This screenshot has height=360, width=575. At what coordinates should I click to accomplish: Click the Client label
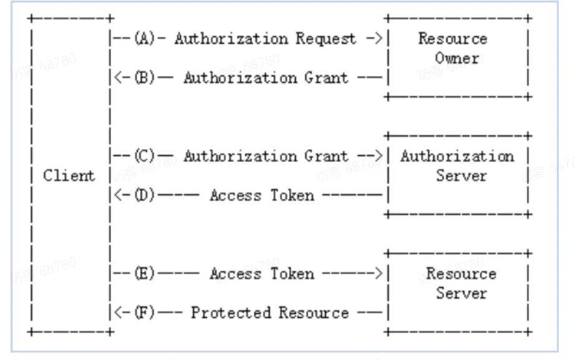click(69, 175)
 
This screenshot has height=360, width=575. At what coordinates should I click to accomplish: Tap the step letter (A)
click(145, 38)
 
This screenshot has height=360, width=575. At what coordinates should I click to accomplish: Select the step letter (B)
click(145, 77)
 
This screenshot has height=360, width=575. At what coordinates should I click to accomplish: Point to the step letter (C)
click(145, 155)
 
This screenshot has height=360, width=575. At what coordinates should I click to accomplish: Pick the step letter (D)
click(145, 195)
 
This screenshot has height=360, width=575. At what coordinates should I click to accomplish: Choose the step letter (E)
click(145, 273)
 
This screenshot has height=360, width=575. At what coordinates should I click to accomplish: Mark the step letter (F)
click(145, 313)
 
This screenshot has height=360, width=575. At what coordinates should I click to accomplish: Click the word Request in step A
click(326, 39)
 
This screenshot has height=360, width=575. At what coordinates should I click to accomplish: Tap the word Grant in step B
click(326, 77)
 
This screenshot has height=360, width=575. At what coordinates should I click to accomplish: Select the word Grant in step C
click(326, 156)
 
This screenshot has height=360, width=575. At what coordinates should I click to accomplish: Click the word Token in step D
click(292, 195)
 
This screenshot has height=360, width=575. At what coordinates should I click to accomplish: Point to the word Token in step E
click(292, 274)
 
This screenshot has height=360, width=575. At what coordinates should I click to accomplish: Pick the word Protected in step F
click(231, 313)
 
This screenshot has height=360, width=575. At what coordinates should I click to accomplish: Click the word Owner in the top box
click(457, 59)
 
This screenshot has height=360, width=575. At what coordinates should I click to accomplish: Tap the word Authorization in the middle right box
click(457, 156)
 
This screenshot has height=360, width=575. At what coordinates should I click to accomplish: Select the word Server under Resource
click(461, 293)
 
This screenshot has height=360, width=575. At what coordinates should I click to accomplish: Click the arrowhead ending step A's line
click(379, 38)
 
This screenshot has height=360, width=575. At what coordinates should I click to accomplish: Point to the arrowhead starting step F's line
click(118, 313)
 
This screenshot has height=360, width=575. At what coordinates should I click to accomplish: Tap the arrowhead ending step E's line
click(379, 273)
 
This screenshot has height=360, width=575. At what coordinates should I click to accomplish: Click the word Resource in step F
click(314, 313)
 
